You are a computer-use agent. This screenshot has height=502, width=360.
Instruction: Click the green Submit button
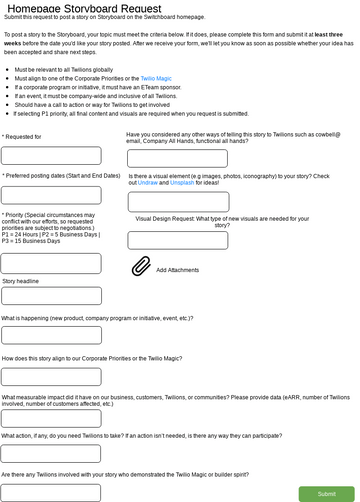(326, 494)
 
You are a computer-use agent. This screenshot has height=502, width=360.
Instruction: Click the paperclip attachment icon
(140, 268)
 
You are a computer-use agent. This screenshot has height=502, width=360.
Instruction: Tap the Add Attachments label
(177, 270)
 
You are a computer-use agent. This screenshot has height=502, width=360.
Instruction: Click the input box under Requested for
(51, 156)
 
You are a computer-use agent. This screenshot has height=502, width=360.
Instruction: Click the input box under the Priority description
(51, 264)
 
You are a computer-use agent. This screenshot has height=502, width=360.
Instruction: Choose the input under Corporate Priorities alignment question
(51, 376)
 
